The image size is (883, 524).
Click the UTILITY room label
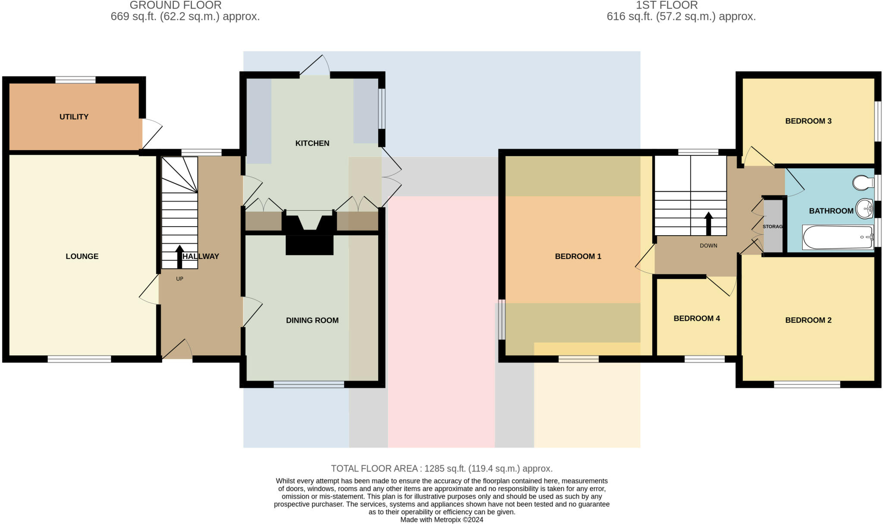[x=74, y=117]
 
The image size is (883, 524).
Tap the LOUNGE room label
[x=82, y=256]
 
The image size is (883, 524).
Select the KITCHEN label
[x=312, y=143]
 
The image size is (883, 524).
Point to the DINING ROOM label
[x=312, y=320]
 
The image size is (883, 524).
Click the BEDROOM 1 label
[x=578, y=256]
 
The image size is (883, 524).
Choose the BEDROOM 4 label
[x=697, y=319]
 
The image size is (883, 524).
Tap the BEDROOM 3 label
[x=808, y=121]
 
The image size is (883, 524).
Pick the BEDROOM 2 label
[x=808, y=320]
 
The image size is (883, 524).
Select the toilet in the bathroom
[x=863, y=183]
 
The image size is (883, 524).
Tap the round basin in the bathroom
[x=864, y=209]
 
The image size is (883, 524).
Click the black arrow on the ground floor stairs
[x=179, y=256]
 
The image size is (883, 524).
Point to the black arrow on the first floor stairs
[x=708, y=223]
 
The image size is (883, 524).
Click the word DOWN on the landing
[x=708, y=246]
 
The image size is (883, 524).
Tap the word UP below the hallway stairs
[x=179, y=279]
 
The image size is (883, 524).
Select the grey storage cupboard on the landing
[x=773, y=226]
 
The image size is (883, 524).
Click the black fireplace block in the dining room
[x=310, y=245]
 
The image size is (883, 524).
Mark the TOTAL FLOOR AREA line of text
[x=441, y=468]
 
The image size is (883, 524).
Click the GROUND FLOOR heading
[x=175, y=6]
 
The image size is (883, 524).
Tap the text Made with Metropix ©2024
[x=441, y=520]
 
